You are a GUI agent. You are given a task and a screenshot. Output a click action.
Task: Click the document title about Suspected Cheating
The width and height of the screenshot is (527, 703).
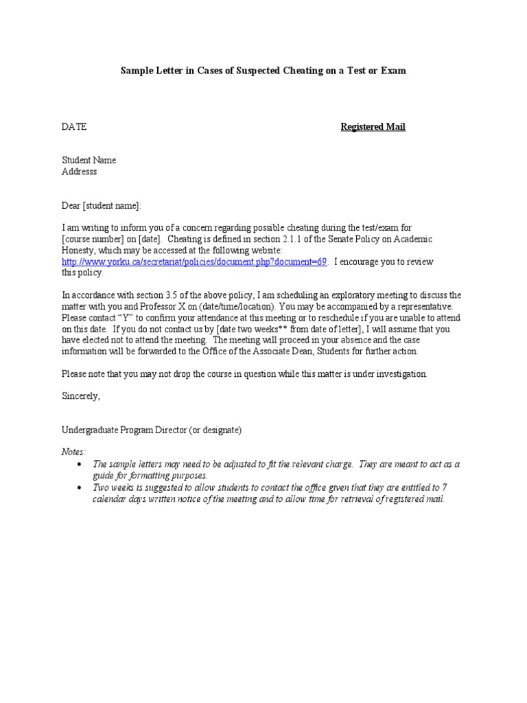pyautogui.click(x=263, y=71)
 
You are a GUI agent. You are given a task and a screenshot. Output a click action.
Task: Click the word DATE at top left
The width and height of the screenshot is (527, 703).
pyautogui.click(x=74, y=127)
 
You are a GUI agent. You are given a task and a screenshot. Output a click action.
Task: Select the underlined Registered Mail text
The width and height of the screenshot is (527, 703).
pyautogui.click(x=373, y=127)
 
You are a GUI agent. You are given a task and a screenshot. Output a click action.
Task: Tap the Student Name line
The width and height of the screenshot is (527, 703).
pyautogui.click(x=89, y=160)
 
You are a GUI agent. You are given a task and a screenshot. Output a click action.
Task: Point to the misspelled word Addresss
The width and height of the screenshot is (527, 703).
pyautogui.click(x=80, y=172)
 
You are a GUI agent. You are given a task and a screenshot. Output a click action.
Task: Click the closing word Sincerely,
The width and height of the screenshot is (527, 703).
pyautogui.click(x=81, y=396)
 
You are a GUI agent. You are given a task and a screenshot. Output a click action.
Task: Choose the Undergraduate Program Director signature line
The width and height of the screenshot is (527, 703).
pyautogui.click(x=152, y=430)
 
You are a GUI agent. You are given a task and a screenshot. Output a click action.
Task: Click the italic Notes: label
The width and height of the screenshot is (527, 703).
pyautogui.click(x=74, y=452)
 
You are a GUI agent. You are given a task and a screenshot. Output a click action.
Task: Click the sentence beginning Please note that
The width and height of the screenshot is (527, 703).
pyautogui.click(x=245, y=373)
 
